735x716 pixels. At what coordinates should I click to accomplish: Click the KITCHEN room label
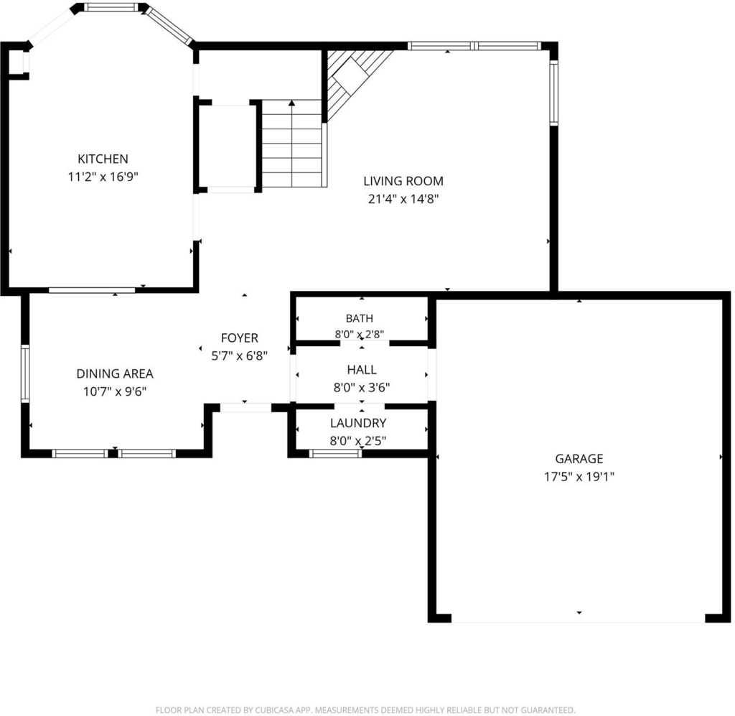click(x=103, y=159)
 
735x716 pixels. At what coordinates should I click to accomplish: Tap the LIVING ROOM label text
click(x=403, y=181)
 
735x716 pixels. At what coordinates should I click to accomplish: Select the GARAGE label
click(x=579, y=459)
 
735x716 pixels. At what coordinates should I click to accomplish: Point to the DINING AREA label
click(x=115, y=373)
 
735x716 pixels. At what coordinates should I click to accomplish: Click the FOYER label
click(x=240, y=338)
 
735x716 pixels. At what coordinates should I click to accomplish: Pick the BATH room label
click(x=360, y=318)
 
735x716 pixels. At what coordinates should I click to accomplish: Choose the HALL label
click(x=362, y=370)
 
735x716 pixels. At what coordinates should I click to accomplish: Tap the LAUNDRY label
click(x=358, y=423)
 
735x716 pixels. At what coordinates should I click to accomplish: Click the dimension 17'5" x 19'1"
click(x=579, y=477)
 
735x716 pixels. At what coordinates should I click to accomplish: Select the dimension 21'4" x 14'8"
click(x=403, y=199)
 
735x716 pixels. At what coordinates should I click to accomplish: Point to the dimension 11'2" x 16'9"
click(x=103, y=177)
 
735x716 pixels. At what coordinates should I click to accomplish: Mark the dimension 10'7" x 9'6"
click(x=115, y=391)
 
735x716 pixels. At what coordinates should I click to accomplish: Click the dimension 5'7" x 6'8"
click(x=240, y=356)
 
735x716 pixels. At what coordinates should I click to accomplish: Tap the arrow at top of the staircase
click(x=292, y=103)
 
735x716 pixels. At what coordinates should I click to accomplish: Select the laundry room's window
click(x=335, y=453)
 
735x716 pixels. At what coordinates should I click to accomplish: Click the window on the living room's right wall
click(x=553, y=93)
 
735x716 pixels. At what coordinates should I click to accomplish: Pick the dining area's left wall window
click(x=25, y=373)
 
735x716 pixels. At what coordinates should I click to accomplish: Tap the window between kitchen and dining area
click(x=92, y=290)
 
